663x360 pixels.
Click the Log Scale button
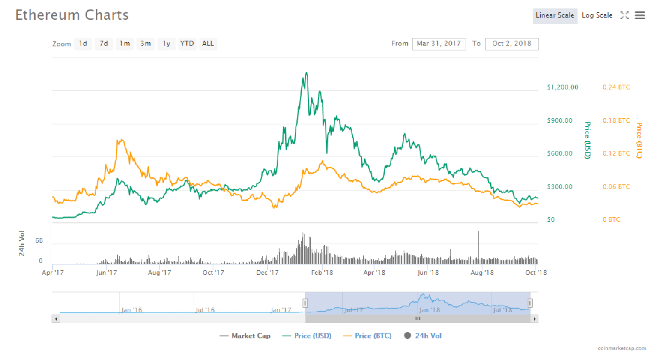click(597, 15)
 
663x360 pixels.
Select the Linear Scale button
click(555, 15)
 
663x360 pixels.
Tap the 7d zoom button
click(104, 44)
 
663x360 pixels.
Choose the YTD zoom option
click(187, 44)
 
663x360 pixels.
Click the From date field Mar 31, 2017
click(439, 44)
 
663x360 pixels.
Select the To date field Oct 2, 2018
click(511, 44)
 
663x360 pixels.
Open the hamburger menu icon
click(640, 15)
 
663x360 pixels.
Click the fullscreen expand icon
click(624, 15)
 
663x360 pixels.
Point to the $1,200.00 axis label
click(562, 87)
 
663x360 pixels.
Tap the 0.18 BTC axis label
click(616, 120)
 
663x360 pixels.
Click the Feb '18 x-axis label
click(322, 273)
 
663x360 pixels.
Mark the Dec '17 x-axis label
click(268, 273)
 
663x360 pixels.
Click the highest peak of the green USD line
click(306, 73)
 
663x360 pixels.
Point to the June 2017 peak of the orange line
click(122, 140)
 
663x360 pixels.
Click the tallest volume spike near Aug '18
click(479, 234)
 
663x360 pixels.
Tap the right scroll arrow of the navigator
click(535, 319)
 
